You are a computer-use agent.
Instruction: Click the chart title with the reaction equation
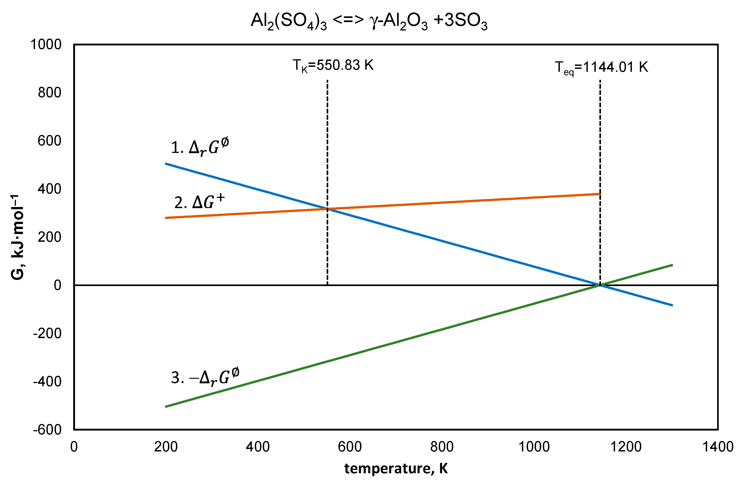(x=369, y=21)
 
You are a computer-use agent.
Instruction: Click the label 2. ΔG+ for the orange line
(x=199, y=202)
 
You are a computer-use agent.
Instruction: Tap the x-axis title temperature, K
(x=396, y=468)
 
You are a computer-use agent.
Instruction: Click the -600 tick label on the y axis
(x=47, y=430)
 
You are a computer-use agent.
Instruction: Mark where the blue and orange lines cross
(x=328, y=209)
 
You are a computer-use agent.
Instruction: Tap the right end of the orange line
(x=600, y=194)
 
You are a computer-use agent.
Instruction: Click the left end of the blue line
(x=166, y=164)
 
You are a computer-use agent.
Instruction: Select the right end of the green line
(x=672, y=265)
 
